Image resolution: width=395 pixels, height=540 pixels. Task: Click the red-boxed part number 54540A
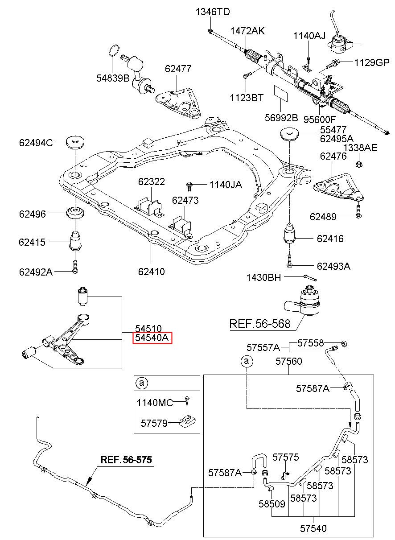(152, 338)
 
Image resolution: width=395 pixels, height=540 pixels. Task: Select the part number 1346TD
(213, 12)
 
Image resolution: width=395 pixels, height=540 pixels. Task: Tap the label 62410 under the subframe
(151, 272)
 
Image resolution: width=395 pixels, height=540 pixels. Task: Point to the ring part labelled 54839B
(114, 51)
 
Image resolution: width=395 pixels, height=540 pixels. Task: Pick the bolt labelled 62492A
(75, 267)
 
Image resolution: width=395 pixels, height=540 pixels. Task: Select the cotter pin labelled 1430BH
(310, 278)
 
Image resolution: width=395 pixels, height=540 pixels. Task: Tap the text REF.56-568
(260, 324)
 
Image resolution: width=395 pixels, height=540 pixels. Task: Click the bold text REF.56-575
(126, 460)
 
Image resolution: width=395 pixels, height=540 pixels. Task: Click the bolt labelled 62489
(358, 212)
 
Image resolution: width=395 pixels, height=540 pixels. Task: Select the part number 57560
(288, 361)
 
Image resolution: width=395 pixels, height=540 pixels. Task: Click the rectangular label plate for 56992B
(281, 93)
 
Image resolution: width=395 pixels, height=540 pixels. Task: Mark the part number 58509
(272, 504)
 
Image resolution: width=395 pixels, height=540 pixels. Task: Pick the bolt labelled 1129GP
(333, 64)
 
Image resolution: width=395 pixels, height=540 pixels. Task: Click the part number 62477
(178, 69)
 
